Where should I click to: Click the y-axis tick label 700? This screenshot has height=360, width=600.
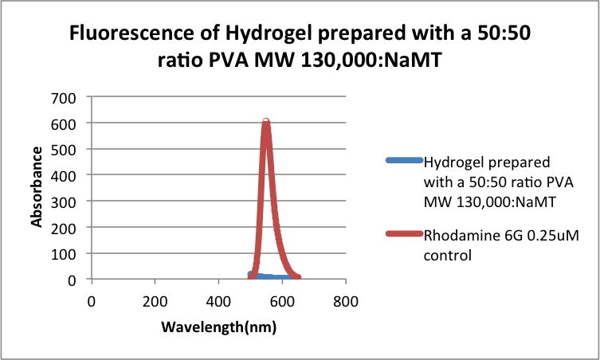(64, 98)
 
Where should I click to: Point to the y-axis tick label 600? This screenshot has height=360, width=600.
(64, 123)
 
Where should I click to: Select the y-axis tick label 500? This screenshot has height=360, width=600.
(64, 150)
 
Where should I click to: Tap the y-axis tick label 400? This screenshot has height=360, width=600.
(64, 175)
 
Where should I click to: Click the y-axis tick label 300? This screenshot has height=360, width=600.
(64, 202)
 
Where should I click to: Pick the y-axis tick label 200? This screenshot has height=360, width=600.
(64, 228)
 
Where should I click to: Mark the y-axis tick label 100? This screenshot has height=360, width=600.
(64, 253)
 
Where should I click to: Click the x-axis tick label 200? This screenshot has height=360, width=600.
(155, 302)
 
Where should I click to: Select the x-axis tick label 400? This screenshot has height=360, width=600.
(218, 302)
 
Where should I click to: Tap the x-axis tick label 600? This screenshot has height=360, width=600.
(282, 302)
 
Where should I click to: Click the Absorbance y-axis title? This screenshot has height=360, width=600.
(37, 188)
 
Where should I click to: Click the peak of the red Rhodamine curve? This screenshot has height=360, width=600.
(266, 122)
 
